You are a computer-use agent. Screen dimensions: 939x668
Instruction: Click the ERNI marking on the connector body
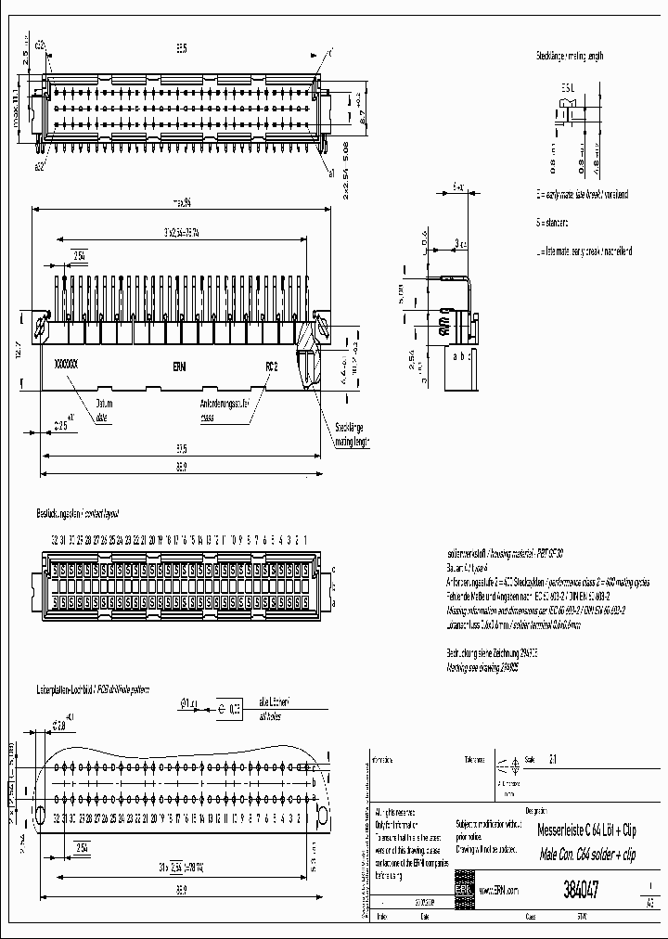coord(179,367)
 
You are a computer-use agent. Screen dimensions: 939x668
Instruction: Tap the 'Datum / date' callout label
coord(99,410)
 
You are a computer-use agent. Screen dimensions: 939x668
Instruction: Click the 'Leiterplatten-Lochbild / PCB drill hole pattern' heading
coord(93,691)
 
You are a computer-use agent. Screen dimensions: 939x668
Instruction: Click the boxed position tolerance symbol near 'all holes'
coord(230,706)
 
